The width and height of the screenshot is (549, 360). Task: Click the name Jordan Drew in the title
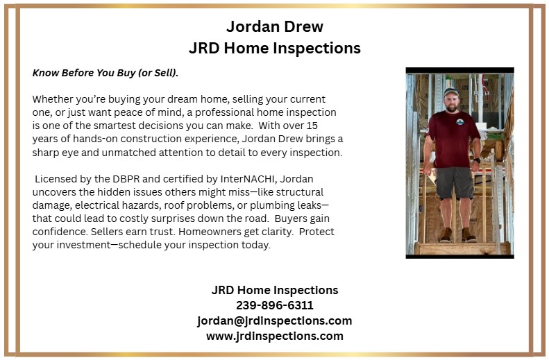(274, 27)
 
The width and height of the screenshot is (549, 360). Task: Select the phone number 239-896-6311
(274, 305)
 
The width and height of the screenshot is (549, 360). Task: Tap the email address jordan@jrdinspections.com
(274, 320)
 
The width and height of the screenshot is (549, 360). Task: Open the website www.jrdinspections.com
(274, 336)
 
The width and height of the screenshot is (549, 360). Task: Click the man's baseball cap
(451, 91)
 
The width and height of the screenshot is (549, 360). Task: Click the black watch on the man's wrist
(477, 160)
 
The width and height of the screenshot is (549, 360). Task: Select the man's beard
(451, 105)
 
